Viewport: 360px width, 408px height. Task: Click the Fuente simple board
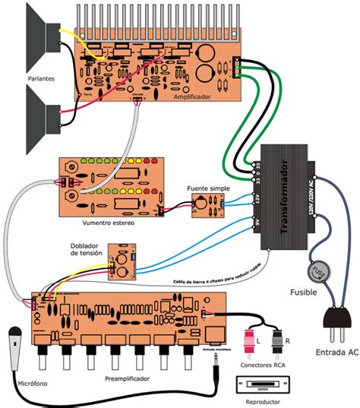click(x=207, y=204)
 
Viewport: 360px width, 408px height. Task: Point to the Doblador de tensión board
click(x=122, y=259)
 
